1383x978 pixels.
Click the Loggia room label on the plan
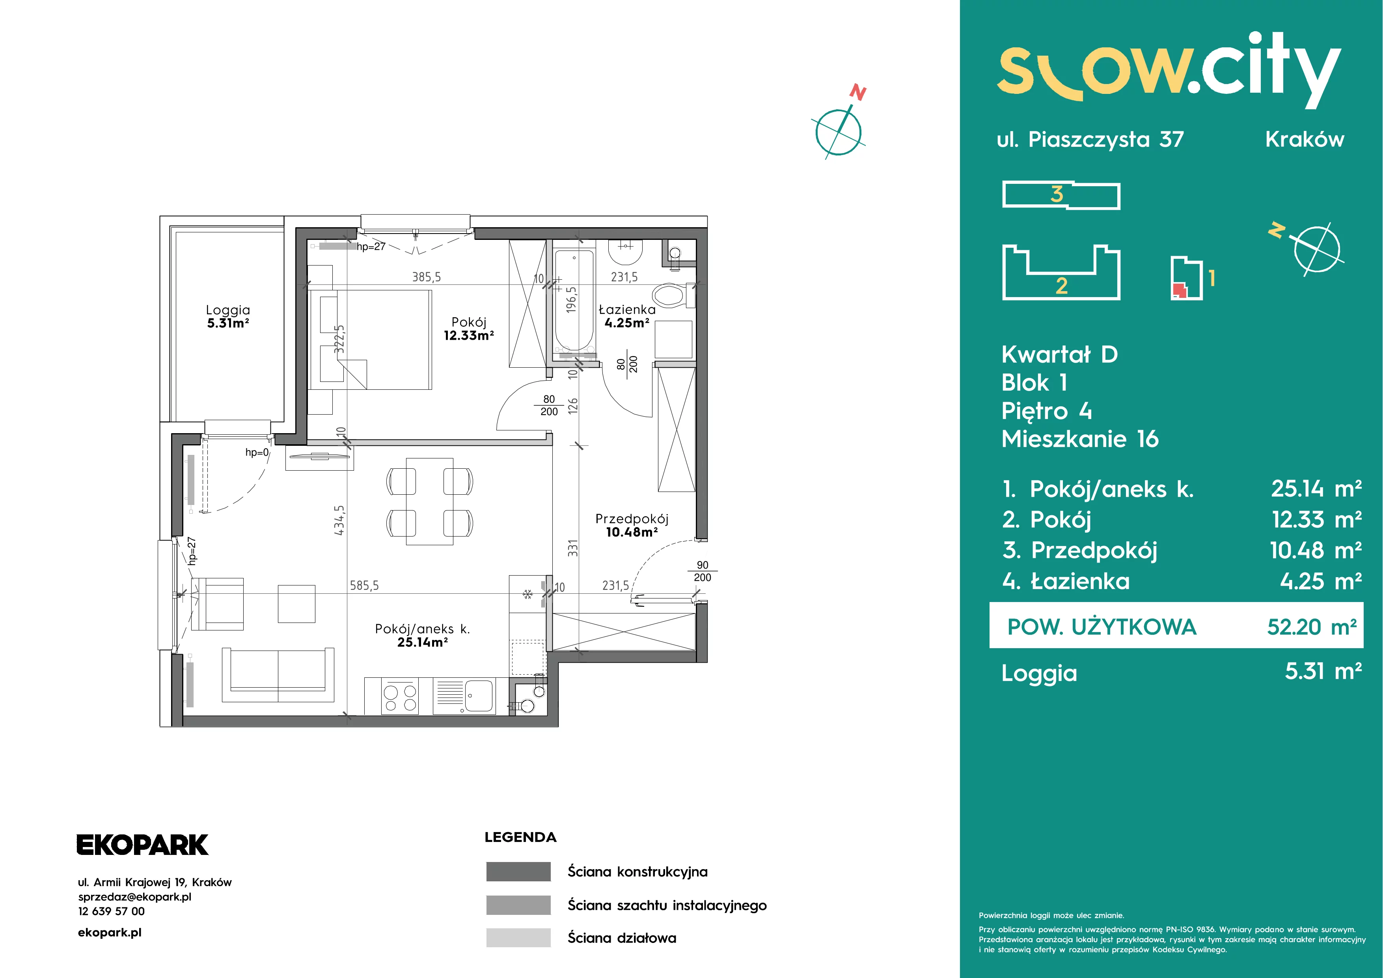point(228,310)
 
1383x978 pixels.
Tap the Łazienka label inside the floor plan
point(627,310)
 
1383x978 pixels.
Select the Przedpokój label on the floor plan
point(632,519)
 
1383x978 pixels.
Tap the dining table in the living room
point(429,501)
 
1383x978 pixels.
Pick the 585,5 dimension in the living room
point(364,585)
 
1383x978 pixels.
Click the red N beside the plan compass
point(858,93)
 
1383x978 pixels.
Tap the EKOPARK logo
point(142,845)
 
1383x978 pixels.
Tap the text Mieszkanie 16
point(1080,439)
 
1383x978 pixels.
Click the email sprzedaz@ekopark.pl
point(135,897)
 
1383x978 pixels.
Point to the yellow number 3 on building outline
point(1057,194)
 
